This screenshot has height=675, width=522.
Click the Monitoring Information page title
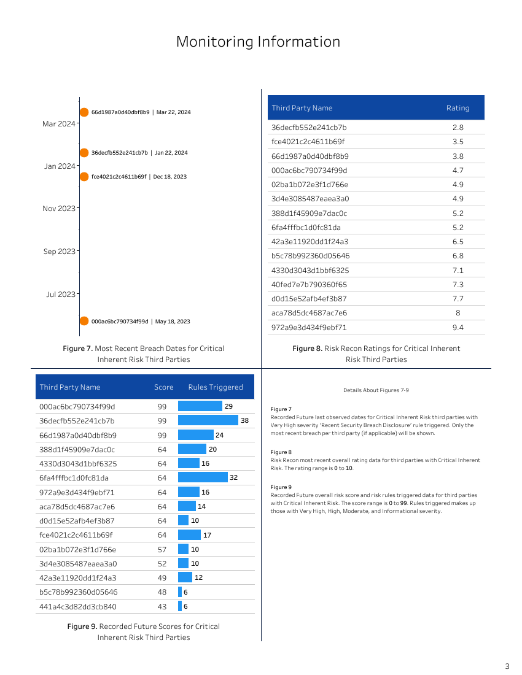click(x=258, y=42)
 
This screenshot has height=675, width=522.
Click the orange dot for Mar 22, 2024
click(x=84, y=112)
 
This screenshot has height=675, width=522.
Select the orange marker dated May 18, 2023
click(x=84, y=321)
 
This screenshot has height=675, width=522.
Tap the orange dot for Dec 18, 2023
click(x=84, y=177)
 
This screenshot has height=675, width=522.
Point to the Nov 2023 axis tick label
click(x=58, y=209)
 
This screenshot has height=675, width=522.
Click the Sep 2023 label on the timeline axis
click(x=59, y=252)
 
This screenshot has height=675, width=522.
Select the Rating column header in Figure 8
click(x=458, y=108)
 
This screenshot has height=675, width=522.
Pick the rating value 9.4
click(x=458, y=328)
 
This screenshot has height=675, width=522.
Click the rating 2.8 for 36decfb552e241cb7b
click(x=458, y=128)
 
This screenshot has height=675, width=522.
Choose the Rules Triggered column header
click(x=215, y=387)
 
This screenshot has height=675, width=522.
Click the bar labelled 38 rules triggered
click(x=208, y=420)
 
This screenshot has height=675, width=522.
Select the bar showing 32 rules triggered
click(x=203, y=477)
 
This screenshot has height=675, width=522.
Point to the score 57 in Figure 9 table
click(x=162, y=550)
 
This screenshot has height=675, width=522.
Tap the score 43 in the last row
click(x=162, y=607)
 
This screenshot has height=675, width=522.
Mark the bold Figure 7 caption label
click(x=77, y=349)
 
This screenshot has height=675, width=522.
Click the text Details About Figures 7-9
click(x=376, y=390)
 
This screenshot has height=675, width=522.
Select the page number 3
click(x=507, y=666)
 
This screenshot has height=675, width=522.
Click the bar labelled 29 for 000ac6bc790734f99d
click(x=200, y=406)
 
